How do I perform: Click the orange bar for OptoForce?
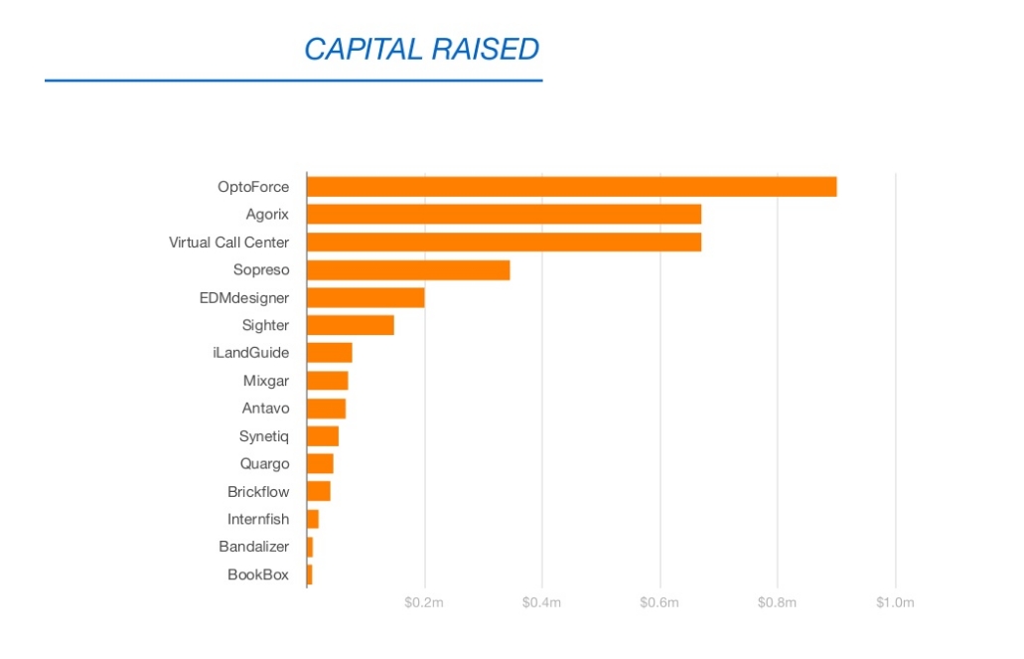(571, 187)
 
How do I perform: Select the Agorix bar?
(504, 215)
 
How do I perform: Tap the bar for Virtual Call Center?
(504, 242)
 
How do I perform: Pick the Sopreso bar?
(408, 269)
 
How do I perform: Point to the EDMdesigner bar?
(366, 297)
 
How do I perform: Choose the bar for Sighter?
(351, 325)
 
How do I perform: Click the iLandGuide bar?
(330, 353)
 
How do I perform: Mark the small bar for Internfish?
(313, 519)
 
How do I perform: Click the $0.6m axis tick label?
(658, 602)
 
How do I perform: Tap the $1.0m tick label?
(894, 602)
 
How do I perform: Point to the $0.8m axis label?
(777, 602)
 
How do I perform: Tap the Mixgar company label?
(266, 381)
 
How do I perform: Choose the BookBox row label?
(258, 574)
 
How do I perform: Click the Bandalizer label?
(254, 547)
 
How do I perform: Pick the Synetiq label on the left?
(264, 436)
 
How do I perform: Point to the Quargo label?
(264, 463)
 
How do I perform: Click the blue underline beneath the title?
(293, 80)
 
